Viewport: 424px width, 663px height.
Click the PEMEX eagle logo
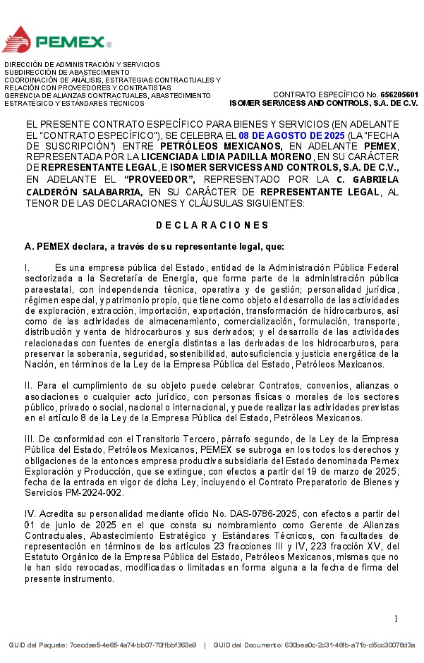(17, 39)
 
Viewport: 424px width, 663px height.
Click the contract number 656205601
(399, 95)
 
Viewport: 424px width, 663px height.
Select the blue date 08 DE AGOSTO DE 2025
(291, 135)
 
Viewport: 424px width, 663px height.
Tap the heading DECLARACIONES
(212, 226)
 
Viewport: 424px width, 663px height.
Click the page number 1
(396, 619)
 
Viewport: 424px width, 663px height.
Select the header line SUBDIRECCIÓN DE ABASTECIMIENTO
(67, 72)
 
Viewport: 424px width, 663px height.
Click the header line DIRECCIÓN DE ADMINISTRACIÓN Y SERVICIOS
(82, 64)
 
